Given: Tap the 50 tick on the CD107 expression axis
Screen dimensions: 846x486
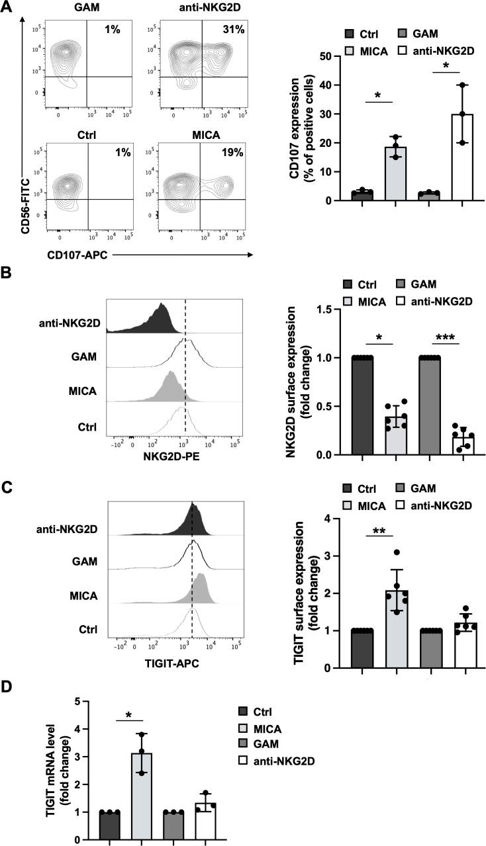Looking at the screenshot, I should click(334, 56).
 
